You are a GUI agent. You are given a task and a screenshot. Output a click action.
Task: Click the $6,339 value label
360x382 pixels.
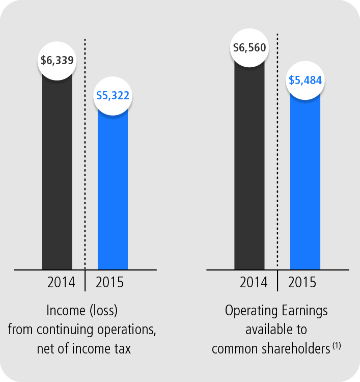click(x=57, y=60)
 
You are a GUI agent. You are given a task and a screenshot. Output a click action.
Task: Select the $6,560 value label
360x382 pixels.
click(x=250, y=48)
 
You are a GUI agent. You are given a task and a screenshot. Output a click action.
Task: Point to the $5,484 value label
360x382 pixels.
click(x=306, y=80)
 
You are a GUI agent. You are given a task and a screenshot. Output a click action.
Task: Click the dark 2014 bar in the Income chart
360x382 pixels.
click(x=57, y=173)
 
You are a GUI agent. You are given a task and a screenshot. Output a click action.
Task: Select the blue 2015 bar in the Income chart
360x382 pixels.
click(x=113, y=188)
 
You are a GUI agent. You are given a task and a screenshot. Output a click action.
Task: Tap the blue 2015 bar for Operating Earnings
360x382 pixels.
click(x=306, y=183)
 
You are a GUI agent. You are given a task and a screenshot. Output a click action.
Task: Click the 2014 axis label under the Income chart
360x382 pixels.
click(x=61, y=282)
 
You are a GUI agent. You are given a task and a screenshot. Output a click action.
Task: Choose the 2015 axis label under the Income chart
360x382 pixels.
click(x=109, y=282)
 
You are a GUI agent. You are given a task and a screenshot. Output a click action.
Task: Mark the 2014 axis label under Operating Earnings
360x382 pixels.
click(x=254, y=282)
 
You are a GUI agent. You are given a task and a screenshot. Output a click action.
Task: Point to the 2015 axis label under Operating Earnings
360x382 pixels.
click(x=302, y=282)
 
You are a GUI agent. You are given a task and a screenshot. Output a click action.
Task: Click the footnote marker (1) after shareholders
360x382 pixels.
click(x=337, y=346)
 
